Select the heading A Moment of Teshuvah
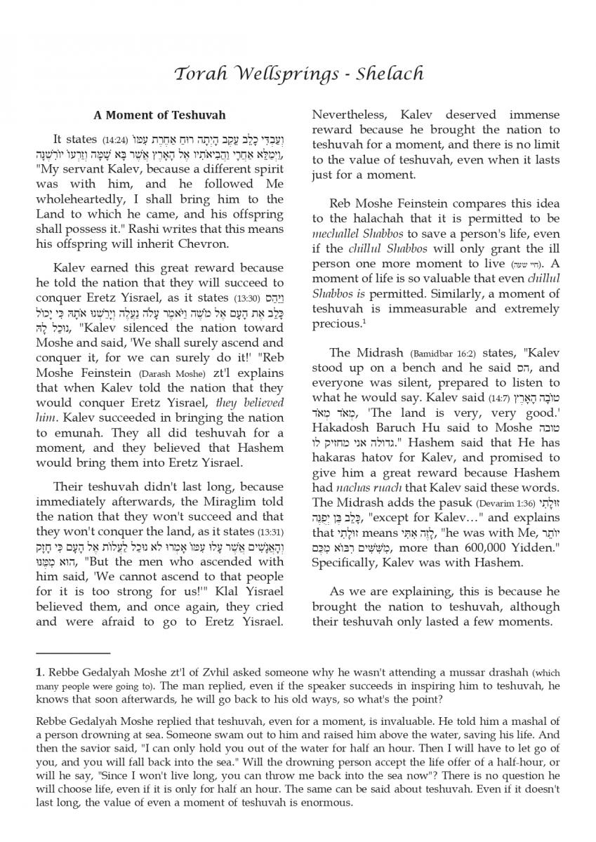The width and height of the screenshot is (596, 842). coord(160,115)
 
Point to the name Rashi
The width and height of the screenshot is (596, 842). coord(161,229)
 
